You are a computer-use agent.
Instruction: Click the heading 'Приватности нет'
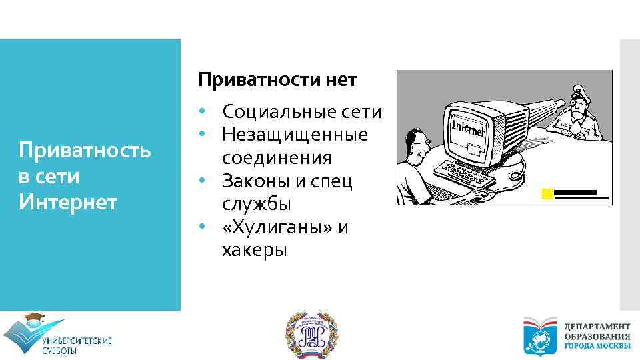pyautogui.click(x=277, y=81)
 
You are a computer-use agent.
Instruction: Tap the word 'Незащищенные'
pyautogui.click(x=295, y=135)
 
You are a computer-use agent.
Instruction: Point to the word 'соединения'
pyautogui.click(x=277, y=158)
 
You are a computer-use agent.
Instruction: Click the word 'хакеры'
pyautogui.click(x=255, y=251)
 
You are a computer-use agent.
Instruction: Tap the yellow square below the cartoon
pyautogui.click(x=547, y=195)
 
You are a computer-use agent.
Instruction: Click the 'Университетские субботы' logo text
pyautogui.click(x=77, y=345)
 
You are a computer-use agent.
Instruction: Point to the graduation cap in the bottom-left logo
pyautogui.click(x=33, y=319)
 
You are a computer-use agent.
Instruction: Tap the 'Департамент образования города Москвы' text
pyautogui.click(x=597, y=337)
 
